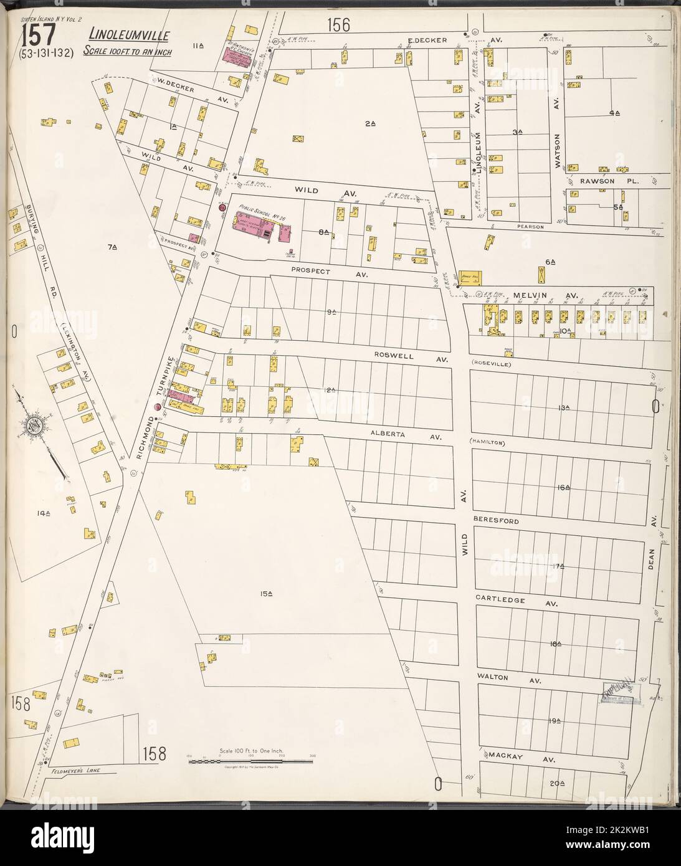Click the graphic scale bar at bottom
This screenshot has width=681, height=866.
click(249, 761)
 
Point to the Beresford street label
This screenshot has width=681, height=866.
click(495, 520)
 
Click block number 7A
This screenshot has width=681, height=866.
click(112, 247)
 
